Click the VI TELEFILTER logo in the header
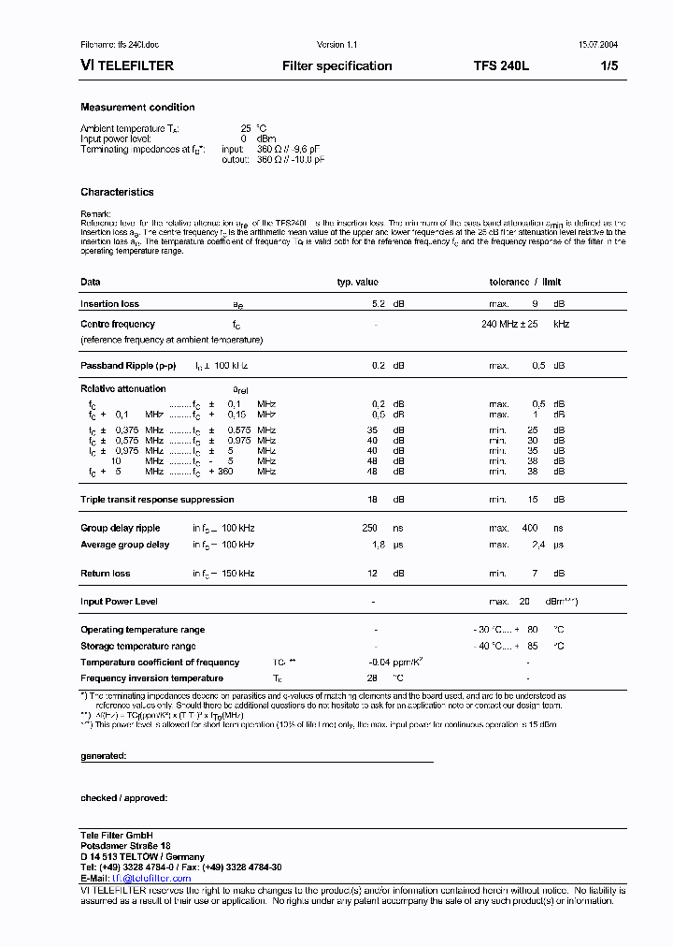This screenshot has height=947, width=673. tap(127, 66)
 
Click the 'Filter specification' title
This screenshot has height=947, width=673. tap(336, 66)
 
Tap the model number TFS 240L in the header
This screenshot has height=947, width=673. tap(501, 66)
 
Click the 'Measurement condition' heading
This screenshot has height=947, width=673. tap(137, 108)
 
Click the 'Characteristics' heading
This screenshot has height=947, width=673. tap(117, 192)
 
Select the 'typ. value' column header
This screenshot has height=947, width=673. tap(357, 282)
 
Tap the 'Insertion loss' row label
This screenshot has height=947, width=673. tap(109, 304)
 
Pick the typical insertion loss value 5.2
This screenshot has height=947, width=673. tap(379, 304)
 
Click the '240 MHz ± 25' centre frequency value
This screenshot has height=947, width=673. tap(511, 324)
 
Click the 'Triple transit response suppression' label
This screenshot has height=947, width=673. tap(156, 500)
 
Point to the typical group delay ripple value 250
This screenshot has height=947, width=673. tap(369, 528)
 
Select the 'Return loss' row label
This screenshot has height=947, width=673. tap(106, 573)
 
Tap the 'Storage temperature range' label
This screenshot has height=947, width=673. tap(138, 646)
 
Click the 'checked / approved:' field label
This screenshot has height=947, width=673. tap(123, 797)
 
